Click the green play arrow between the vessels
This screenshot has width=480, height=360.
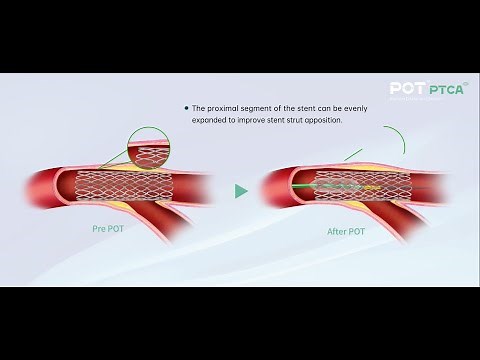pyautogui.click(x=240, y=190)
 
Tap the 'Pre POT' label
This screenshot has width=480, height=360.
pyautogui.click(x=106, y=229)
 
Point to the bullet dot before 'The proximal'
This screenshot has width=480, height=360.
pyautogui.click(x=185, y=107)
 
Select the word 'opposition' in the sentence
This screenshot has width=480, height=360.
pyautogui.click(x=320, y=119)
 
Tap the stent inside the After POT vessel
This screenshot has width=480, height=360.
pyautogui.click(x=340, y=186)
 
